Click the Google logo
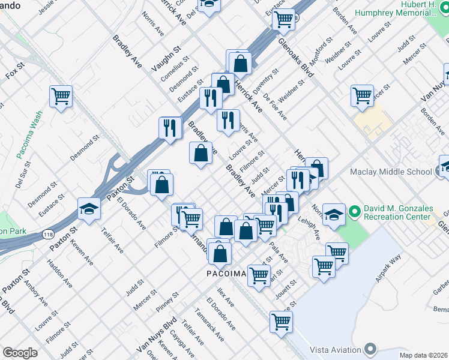[20, 353]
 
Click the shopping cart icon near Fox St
[61, 95]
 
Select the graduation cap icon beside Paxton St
[88, 209]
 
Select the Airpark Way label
[388, 268]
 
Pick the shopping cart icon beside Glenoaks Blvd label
[283, 19]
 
